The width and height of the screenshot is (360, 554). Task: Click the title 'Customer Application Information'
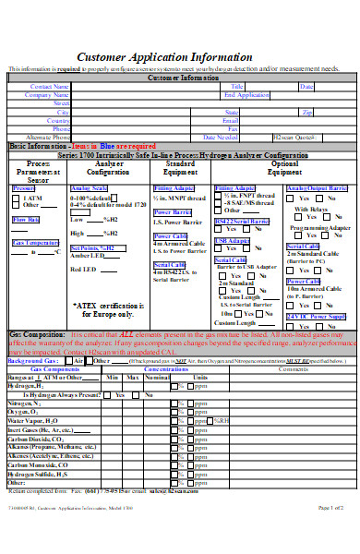180,55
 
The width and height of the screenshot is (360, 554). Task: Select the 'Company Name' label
51,94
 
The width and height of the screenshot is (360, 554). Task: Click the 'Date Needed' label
210,137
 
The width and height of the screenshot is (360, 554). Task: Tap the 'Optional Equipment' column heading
280,168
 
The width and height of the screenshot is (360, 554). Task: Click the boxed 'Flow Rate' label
26,220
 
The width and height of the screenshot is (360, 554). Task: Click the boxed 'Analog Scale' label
89,188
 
